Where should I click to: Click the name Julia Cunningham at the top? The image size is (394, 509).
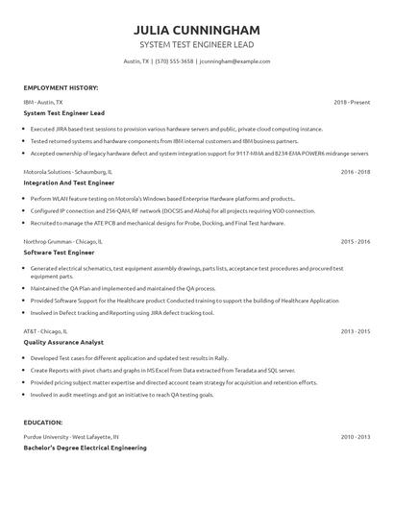click(197, 30)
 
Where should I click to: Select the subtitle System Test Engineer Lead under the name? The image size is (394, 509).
click(197, 44)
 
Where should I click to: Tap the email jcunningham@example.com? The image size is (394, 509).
click(234, 61)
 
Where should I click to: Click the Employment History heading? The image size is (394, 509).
click(61, 87)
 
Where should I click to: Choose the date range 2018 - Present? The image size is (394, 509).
click(352, 101)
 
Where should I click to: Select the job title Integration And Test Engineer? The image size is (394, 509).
click(68, 182)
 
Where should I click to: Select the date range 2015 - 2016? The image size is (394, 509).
click(356, 242)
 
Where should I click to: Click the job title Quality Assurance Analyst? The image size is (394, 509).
click(63, 341)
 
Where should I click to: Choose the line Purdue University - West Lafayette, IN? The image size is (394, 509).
click(71, 436)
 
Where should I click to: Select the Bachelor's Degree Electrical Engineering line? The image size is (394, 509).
click(85, 447)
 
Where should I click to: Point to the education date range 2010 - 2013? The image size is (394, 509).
click(356, 436)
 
